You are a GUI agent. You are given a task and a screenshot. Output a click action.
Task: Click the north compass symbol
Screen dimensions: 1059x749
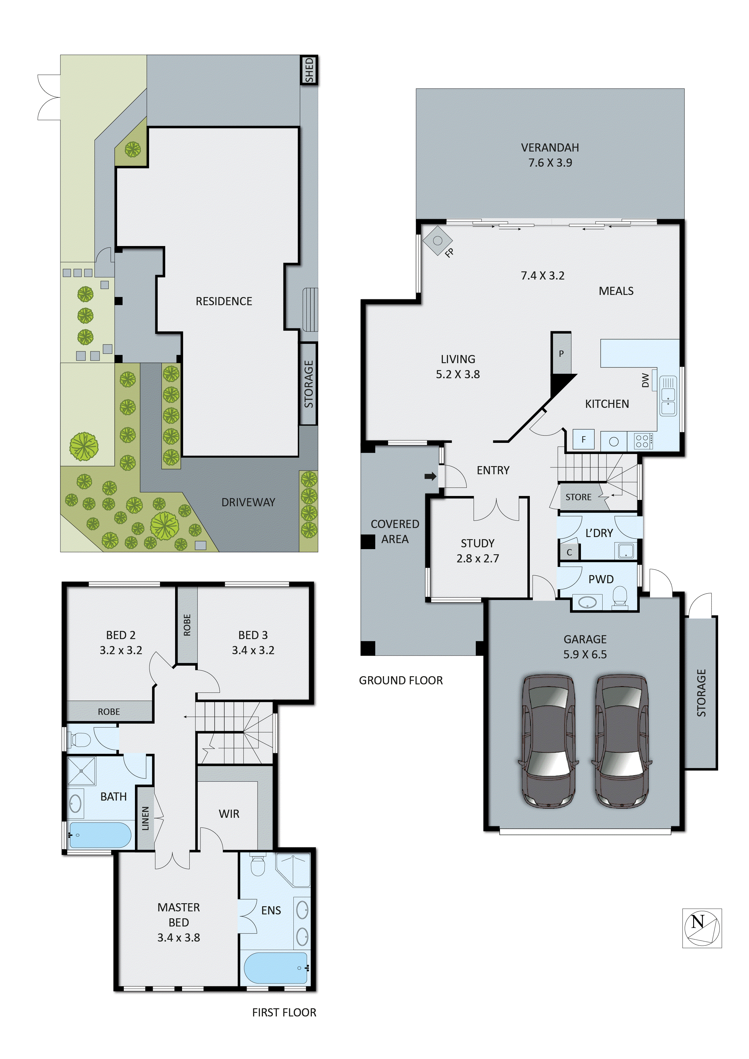click(702, 928)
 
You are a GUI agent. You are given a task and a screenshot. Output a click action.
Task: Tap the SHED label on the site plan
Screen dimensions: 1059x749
click(309, 70)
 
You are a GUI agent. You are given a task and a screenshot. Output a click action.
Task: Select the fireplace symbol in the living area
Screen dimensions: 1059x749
click(438, 240)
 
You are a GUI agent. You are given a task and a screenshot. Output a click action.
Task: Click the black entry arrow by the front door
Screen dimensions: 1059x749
click(430, 476)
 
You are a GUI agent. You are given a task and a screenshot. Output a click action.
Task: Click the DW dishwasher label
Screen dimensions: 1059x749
click(645, 380)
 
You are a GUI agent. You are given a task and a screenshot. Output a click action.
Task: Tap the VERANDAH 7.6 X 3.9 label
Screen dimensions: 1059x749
click(550, 155)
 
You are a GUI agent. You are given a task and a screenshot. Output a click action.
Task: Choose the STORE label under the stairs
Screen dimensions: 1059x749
click(578, 497)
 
